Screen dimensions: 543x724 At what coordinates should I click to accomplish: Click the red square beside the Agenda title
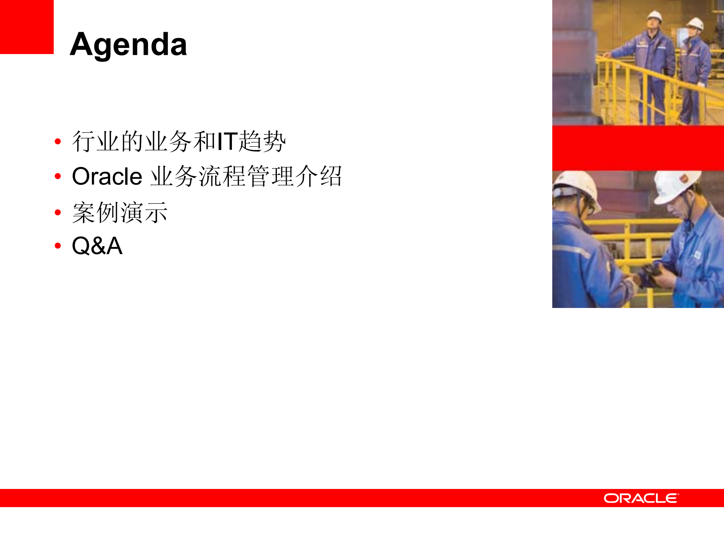[26, 27]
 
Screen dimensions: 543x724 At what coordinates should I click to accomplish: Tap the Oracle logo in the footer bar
[641, 498]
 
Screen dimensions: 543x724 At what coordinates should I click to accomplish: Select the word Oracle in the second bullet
[107, 176]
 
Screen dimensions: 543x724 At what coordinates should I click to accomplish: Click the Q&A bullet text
[97, 246]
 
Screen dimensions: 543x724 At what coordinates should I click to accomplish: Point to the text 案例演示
[120, 212]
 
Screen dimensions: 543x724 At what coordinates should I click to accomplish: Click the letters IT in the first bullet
[227, 141]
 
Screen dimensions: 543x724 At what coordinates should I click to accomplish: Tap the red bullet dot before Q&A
[58, 246]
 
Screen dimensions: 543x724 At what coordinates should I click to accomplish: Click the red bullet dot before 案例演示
[58, 212]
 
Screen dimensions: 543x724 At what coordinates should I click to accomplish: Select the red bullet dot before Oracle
[58, 176]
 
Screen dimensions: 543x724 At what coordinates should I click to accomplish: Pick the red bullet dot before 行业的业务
[58, 142]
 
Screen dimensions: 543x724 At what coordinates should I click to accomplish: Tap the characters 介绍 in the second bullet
[318, 176]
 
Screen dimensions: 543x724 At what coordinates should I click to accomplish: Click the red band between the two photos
[638, 148]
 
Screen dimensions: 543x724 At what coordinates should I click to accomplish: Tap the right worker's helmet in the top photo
[695, 23]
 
